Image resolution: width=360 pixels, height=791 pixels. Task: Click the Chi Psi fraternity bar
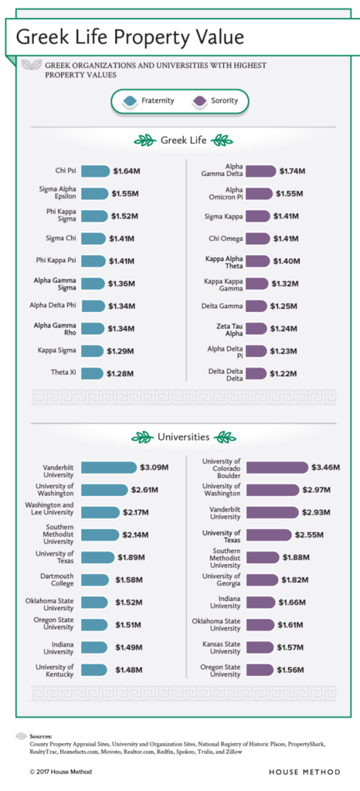click(94, 171)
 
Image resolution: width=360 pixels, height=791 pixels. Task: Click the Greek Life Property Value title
click(130, 36)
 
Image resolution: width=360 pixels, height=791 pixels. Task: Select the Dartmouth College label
click(57, 579)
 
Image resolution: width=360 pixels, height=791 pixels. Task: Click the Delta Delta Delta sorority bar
click(256, 374)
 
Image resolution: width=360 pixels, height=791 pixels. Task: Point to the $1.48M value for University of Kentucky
click(131, 669)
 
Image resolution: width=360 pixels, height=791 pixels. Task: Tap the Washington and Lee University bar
click(100, 512)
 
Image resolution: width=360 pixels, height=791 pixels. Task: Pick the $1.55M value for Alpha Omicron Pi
click(290, 194)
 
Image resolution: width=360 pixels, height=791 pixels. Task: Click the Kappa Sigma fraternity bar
click(91, 351)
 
